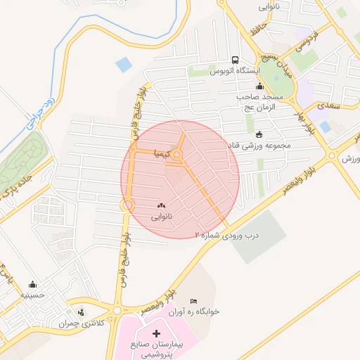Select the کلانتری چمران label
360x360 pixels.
[103, 323]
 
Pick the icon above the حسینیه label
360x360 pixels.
[32, 284]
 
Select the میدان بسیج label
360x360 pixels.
[283, 62]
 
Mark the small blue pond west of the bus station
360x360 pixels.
[124, 65]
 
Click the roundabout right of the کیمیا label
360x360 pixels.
[179, 155]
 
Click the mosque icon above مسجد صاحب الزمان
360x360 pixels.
[259, 86]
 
